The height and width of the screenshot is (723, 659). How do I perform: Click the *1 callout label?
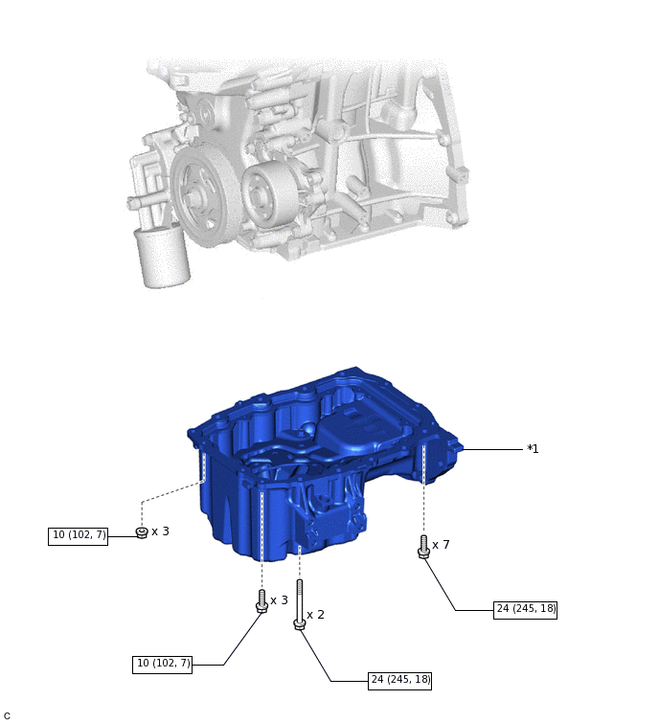point(533,449)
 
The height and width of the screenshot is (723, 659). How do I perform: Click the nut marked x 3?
point(142,532)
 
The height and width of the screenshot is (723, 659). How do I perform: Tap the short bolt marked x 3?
point(261,600)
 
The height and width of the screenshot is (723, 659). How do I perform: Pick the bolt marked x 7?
point(423,547)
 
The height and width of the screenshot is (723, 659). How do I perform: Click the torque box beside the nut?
point(79,535)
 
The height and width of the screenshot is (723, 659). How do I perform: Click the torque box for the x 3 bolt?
point(163,663)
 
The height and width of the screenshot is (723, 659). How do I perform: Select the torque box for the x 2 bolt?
point(400,680)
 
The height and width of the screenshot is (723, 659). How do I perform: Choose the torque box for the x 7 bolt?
point(526,608)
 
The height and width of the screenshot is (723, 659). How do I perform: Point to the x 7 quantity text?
point(441,545)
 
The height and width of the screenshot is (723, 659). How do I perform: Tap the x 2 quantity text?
point(315,614)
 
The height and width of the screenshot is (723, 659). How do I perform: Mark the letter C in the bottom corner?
point(7,716)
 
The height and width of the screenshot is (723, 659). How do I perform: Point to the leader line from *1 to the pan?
point(492,449)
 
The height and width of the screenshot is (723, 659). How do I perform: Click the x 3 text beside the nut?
point(160,531)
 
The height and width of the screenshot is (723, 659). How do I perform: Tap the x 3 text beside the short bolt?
point(279,600)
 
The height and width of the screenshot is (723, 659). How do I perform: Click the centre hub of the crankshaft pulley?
point(196,198)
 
